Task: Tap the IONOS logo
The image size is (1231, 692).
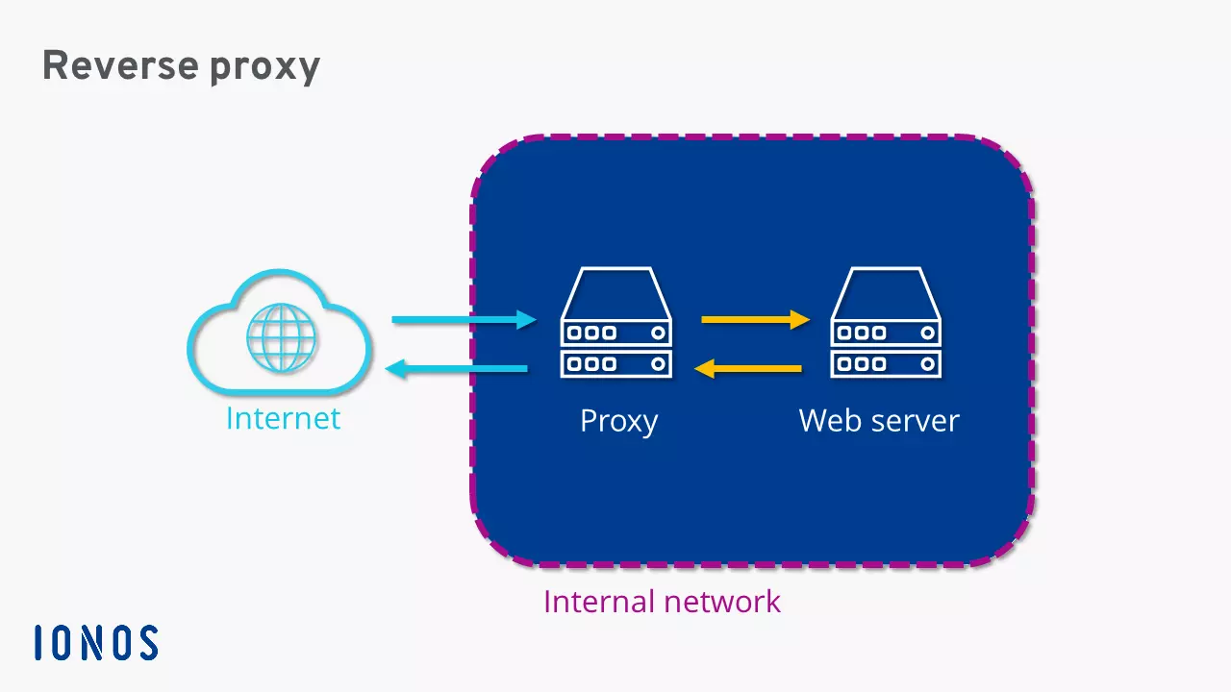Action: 96,642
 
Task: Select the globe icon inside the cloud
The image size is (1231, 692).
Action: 281,338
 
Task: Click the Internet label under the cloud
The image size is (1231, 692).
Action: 283,419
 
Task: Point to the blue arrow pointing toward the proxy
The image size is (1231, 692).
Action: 464,319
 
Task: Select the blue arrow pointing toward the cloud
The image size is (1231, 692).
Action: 456,368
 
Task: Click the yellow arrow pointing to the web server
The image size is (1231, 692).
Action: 756,319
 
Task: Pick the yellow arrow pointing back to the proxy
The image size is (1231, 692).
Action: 748,368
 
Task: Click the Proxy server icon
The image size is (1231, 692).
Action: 616,322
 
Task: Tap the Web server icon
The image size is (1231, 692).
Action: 886,322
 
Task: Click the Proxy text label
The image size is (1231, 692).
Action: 618,422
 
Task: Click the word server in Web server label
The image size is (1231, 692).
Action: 916,421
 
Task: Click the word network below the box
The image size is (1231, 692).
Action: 725,602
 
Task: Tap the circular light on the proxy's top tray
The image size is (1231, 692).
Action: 658,334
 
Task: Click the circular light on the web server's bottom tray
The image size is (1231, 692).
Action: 928,363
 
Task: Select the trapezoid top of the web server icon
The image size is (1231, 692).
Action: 886,291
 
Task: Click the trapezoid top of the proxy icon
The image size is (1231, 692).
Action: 616,291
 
